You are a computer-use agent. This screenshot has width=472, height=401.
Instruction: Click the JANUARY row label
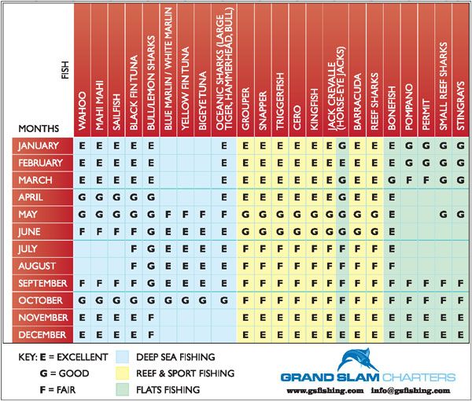tap(43, 145)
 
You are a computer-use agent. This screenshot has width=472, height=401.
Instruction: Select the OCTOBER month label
tap(43, 300)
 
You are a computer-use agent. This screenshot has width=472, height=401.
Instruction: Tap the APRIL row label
tap(43, 197)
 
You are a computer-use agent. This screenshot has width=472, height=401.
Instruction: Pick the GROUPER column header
tap(245, 102)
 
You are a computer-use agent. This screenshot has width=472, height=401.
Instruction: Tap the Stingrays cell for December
tap(461, 334)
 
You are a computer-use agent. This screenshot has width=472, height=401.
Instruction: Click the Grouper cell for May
tap(245, 214)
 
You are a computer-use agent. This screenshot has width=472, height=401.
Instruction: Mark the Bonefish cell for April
tap(392, 197)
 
